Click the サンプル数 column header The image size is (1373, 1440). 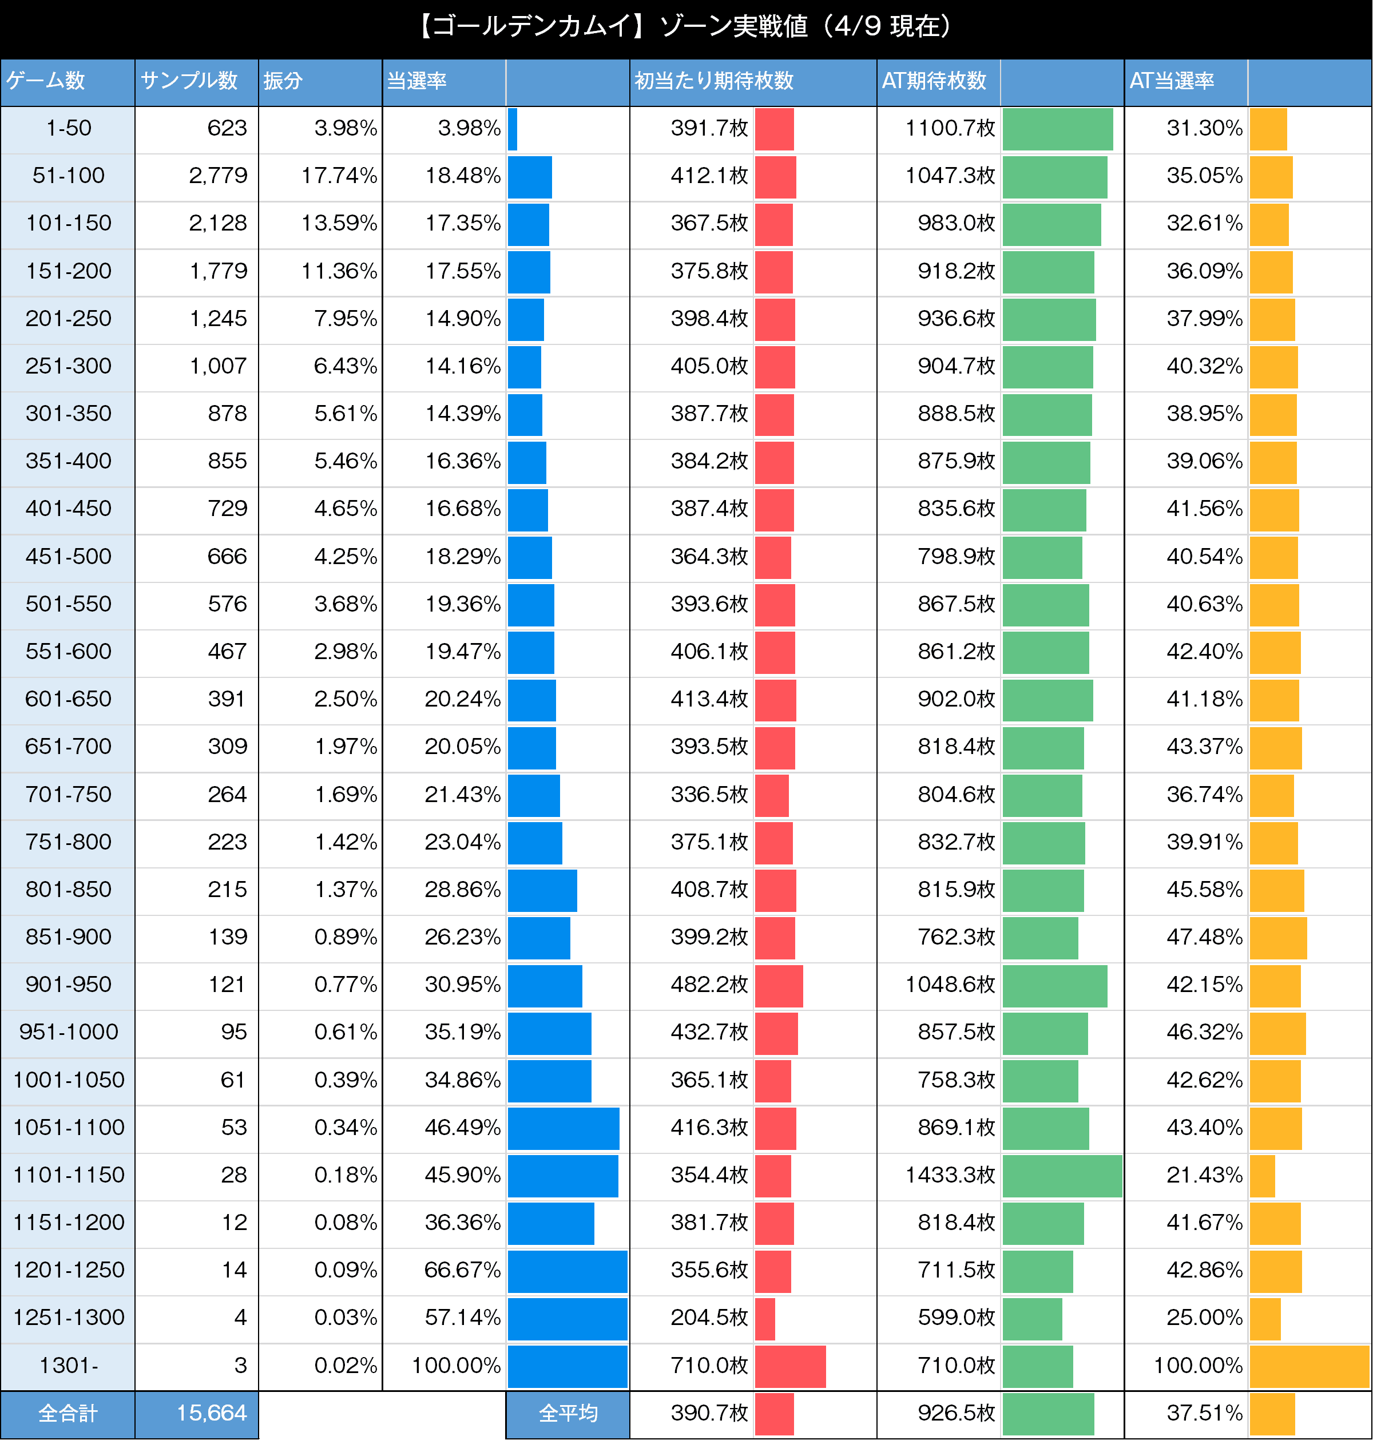point(189,81)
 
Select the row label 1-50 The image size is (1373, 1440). point(68,128)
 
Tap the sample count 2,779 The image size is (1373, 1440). point(217,176)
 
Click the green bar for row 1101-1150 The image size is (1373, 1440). point(1061,1176)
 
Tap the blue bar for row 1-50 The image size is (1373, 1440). point(513,129)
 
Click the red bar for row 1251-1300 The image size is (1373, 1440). point(765,1319)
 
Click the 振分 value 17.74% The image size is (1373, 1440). point(339,176)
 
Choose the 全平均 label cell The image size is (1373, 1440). point(568,1413)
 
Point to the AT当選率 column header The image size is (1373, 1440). point(1172,81)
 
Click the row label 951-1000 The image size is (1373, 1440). point(68,1032)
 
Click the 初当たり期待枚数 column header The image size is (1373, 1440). point(713,81)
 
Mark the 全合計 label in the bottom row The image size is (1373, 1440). point(68,1413)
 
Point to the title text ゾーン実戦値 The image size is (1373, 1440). point(733,27)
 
